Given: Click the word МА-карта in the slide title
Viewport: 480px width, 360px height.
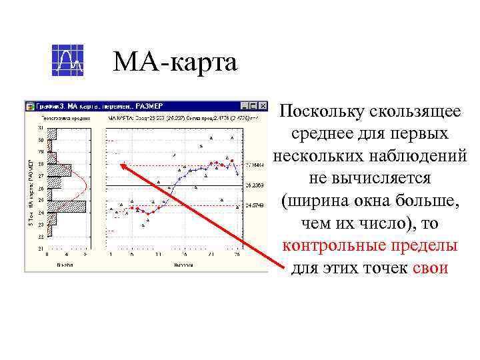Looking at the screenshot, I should (x=175, y=63).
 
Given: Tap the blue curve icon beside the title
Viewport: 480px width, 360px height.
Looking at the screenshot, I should (x=67, y=61).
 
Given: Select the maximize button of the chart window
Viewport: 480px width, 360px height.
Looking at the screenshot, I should (x=255, y=106).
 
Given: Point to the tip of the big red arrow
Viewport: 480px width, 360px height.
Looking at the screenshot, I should (x=121, y=163).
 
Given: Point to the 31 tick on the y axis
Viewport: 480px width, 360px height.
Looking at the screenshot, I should (x=41, y=127).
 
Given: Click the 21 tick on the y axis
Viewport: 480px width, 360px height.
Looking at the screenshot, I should (x=41, y=249).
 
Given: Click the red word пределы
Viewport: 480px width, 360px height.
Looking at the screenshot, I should (x=424, y=245).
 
